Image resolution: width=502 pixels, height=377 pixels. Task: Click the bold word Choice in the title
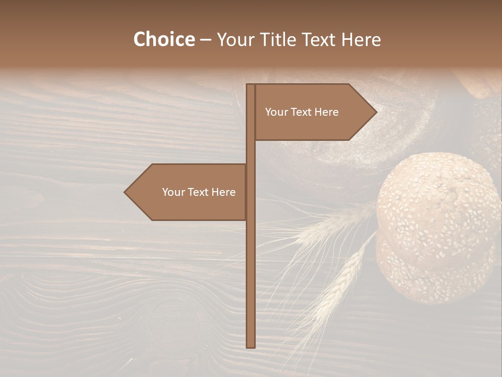[x=164, y=40]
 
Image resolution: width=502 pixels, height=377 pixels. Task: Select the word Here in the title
[x=361, y=40]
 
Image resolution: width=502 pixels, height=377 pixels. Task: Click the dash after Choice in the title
[x=206, y=40]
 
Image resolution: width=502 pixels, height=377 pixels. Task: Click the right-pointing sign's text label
[x=302, y=112]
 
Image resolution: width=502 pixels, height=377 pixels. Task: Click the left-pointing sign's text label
[x=199, y=192]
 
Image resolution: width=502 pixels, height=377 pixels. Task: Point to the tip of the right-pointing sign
[x=375, y=112]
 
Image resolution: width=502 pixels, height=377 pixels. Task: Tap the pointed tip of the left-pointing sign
[x=125, y=192]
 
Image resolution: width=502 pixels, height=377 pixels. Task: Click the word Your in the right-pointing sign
[x=276, y=112]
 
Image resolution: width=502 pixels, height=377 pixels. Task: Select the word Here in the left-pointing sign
[x=224, y=192]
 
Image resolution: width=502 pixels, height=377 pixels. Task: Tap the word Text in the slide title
[x=319, y=40]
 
